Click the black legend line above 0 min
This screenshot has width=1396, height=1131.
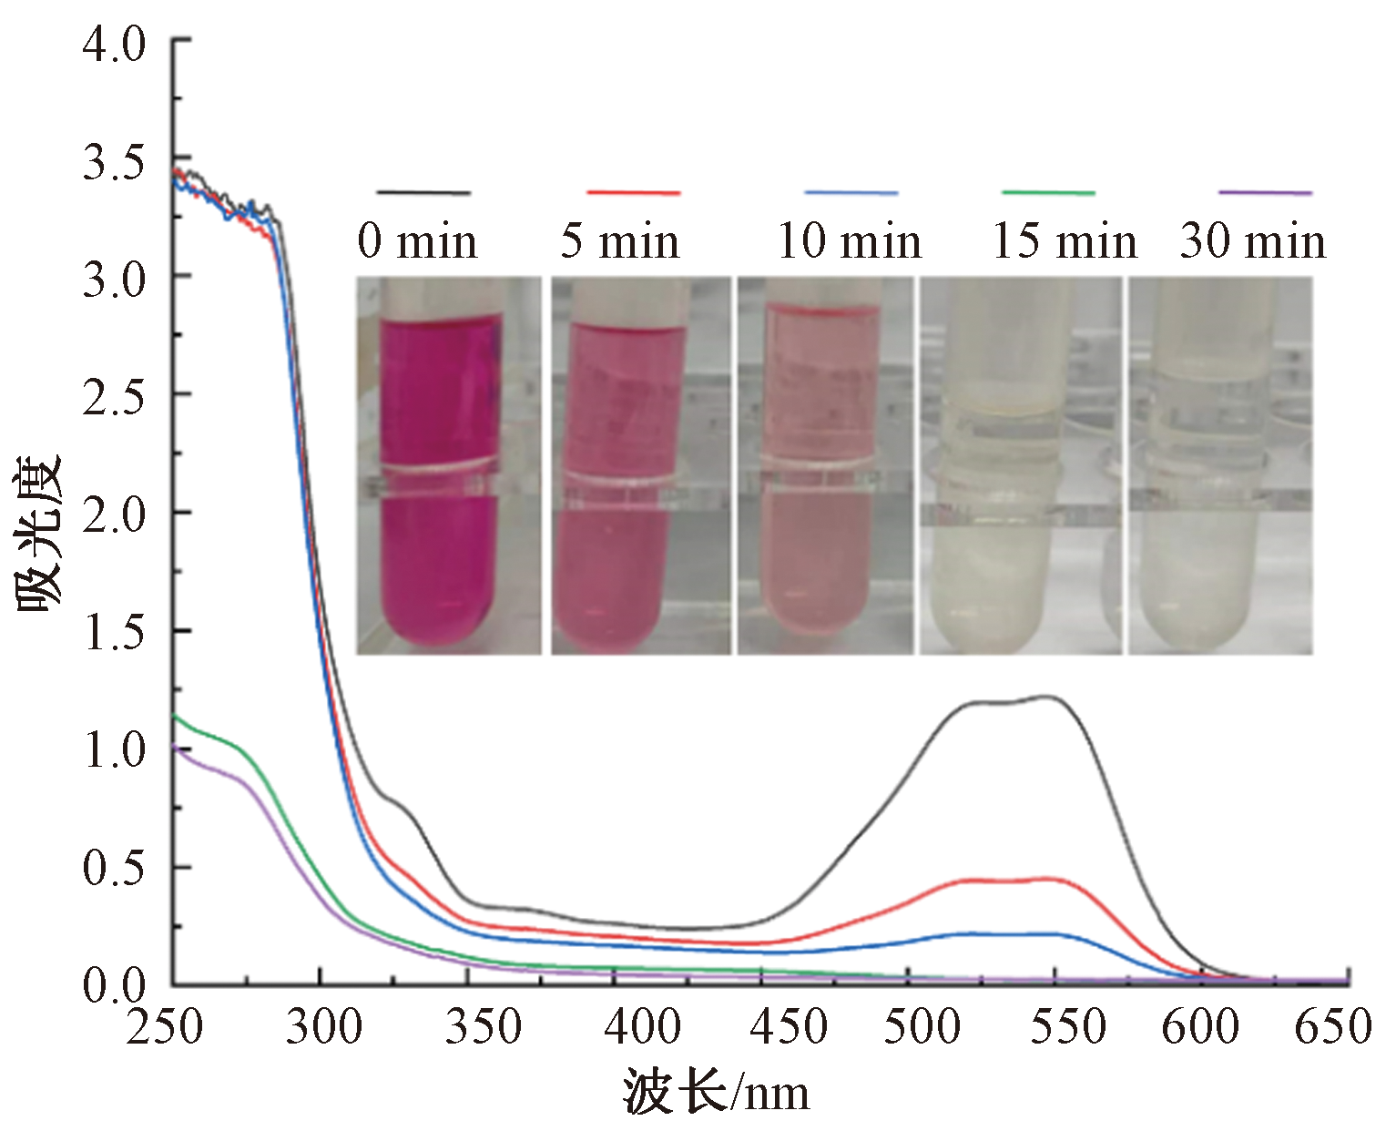[423, 192]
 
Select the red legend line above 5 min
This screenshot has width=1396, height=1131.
[634, 192]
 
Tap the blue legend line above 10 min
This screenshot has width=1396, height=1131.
[851, 192]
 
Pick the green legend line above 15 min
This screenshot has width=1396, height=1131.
[1048, 192]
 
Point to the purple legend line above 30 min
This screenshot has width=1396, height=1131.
[1266, 192]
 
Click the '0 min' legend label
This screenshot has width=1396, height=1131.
[417, 241]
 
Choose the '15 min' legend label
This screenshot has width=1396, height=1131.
[1065, 241]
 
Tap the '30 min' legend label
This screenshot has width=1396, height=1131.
[1253, 241]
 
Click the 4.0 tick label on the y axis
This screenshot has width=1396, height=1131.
[114, 44]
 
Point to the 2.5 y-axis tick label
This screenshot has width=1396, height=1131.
[114, 397]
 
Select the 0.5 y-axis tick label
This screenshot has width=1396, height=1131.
[114, 869]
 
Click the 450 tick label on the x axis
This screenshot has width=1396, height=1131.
[789, 1027]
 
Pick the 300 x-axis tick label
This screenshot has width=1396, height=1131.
[324, 1027]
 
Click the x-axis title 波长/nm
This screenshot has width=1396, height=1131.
[716, 1091]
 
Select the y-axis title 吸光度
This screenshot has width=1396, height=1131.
[38, 533]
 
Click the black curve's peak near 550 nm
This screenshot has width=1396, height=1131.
[1049, 697]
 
